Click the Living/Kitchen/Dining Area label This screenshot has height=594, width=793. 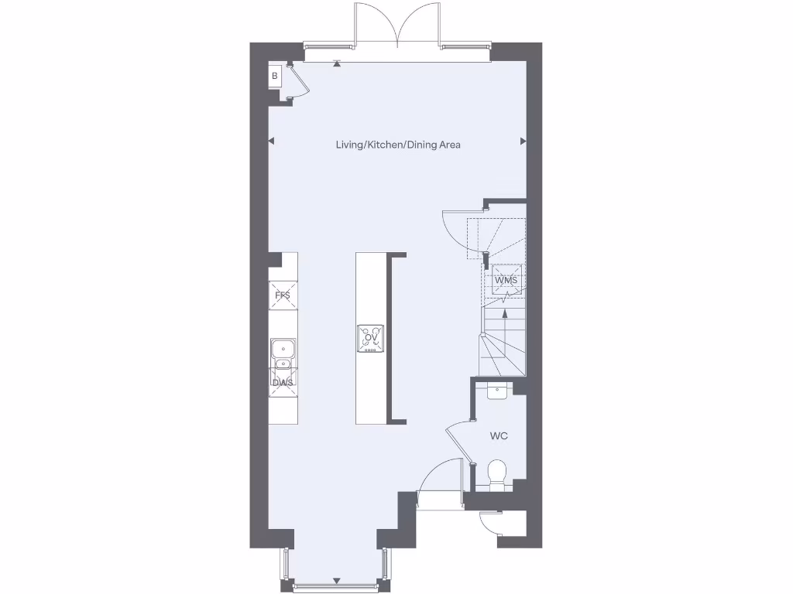point(398,145)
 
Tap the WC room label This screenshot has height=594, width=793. point(499,436)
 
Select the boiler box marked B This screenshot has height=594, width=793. point(274,76)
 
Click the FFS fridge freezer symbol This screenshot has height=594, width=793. point(283,294)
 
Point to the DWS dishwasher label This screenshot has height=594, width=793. point(283,382)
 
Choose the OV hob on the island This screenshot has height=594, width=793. point(370,338)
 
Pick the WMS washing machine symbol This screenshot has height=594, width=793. point(506,279)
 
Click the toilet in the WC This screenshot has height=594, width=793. point(497,473)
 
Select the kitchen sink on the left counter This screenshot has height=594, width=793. point(283,354)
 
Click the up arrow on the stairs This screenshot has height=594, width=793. point(505,313)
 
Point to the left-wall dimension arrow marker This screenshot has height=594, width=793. point(272,141)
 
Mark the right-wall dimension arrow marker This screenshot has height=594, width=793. point(523,141)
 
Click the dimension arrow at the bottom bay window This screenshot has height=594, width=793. point(336,581)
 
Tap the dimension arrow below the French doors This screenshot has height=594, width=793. point(336,64)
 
